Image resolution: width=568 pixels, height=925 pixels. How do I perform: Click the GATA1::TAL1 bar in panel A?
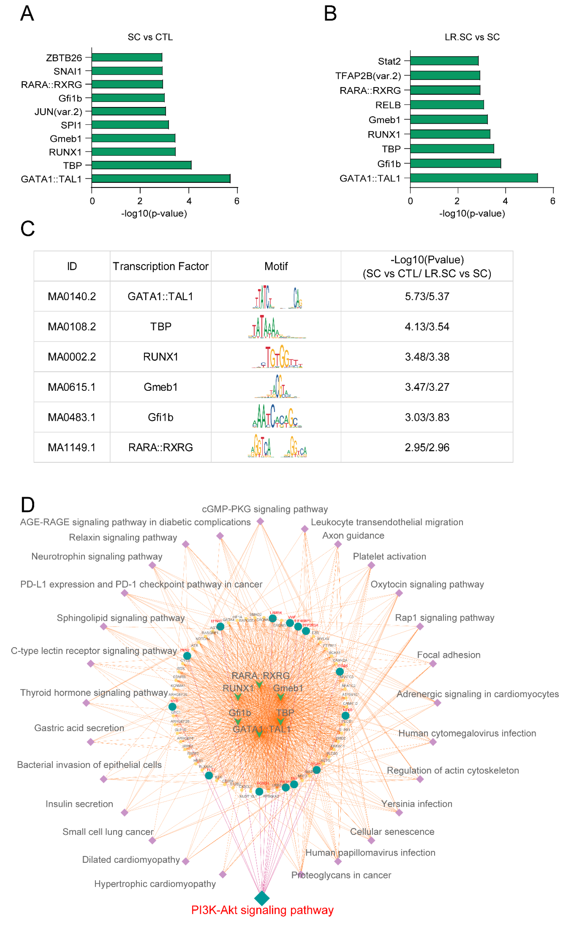(x=161, y=179)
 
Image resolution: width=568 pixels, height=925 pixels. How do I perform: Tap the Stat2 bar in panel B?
(x=444, y=61)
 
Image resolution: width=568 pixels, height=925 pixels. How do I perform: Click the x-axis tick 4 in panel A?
(x=189, y=201)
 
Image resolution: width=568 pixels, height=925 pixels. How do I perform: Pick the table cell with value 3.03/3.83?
(x=427, y=417)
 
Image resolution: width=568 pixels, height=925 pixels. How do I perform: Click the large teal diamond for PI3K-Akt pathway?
(x=262, y=898)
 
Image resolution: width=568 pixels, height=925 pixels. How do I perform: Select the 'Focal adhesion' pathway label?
(x=449, y=655)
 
